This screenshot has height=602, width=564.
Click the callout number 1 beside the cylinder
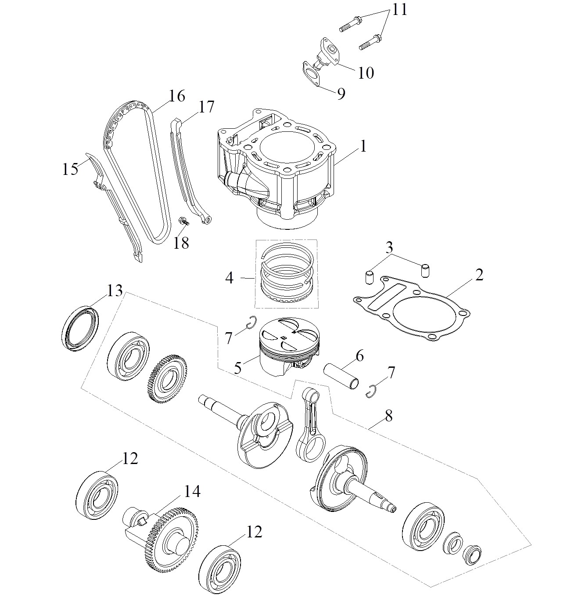[363, 146]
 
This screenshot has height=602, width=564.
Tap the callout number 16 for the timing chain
[177, 96]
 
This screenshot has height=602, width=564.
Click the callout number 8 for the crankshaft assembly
[389, 416]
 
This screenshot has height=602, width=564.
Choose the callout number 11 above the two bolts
[399, 10]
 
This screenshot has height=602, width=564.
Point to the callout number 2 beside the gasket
[479, 275]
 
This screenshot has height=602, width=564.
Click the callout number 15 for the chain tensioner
[70, 169]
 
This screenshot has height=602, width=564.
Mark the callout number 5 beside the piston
[237, 367]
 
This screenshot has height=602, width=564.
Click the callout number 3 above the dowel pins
[389, 247]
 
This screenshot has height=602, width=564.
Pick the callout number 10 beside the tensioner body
[366, 73]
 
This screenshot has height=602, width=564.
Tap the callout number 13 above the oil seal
[115, 290]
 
